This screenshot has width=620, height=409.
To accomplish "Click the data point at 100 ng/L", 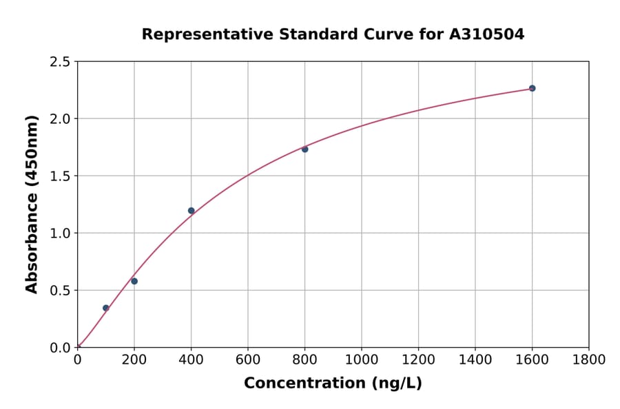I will click(105, 308).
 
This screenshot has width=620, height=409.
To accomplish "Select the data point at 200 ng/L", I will click(134, 281).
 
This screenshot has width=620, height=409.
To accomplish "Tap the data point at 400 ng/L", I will click(191, 211).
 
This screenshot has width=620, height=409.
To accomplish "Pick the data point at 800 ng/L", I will click(304, 149).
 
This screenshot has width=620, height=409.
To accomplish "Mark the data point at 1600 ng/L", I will click(532, 88).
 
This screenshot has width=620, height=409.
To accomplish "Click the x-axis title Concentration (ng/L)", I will click(333, 384).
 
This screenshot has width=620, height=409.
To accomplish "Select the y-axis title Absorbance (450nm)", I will click(32, 204).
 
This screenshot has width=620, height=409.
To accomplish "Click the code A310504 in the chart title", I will click(486, 34).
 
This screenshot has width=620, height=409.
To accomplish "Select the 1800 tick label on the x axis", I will click(588, 360).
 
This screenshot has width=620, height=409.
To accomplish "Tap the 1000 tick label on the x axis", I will click(361, 360).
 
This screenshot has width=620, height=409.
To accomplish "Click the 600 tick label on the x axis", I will click(248, 360).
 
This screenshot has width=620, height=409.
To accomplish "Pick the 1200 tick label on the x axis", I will click(418, 360).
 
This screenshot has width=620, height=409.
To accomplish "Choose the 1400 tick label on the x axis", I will click(475, 360).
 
